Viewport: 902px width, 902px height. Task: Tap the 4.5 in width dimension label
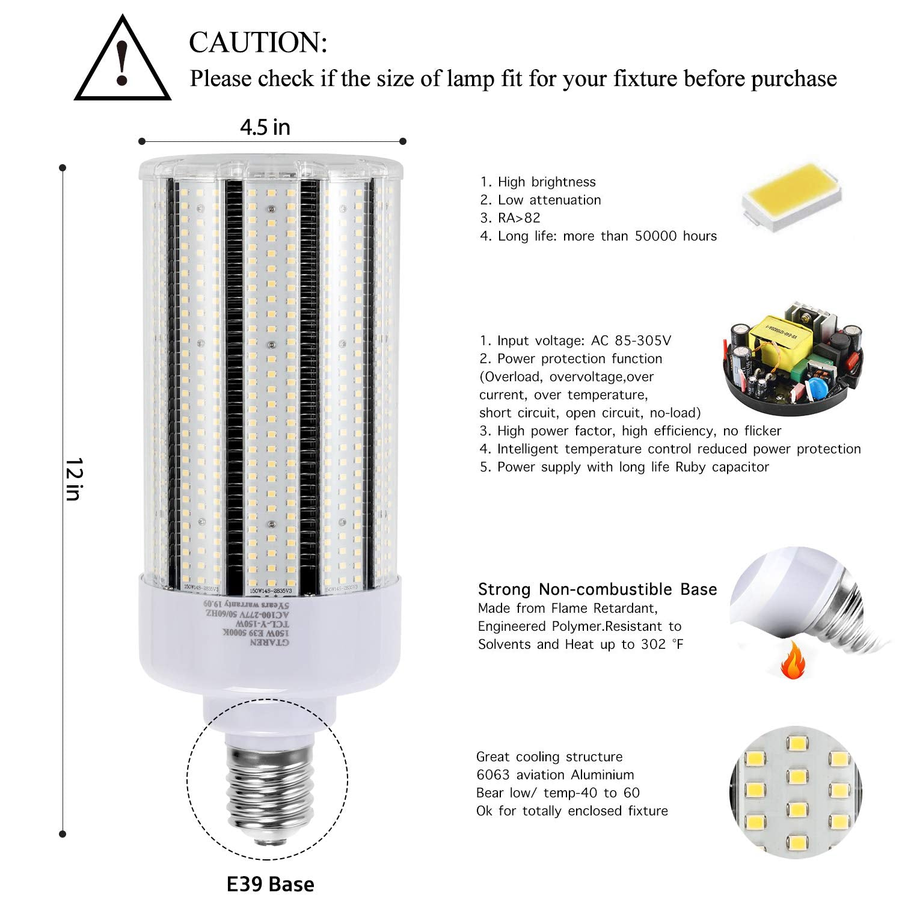pos(265,127)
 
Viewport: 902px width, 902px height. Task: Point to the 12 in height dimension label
pos(73,479)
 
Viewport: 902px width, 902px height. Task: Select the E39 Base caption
pos(270,884)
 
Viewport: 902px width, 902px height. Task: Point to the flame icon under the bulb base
pos(793,660)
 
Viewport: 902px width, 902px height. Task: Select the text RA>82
pos(519,218)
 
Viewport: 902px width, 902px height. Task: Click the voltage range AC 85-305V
pos(631,341)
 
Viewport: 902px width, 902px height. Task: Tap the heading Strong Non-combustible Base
pos(597,589)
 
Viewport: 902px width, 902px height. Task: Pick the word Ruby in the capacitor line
pos(692,467)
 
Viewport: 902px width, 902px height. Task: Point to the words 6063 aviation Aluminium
pos(555,775)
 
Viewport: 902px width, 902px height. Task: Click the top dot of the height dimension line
pos(63,168)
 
